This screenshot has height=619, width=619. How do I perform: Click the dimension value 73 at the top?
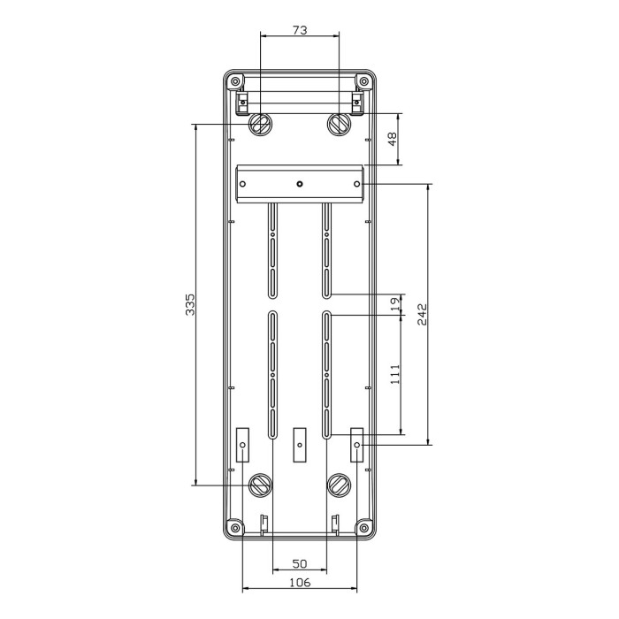[x=299, y=30]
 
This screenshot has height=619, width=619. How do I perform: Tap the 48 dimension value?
[x=391, y=140]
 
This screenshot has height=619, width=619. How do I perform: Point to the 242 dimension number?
[x=422, y=314]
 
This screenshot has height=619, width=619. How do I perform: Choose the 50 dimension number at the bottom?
[x=300, y=563]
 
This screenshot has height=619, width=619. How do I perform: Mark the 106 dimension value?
[x=300, y=582]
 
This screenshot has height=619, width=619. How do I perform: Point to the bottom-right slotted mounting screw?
[x=339, y=484]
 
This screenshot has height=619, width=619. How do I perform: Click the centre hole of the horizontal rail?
[x=300, y=184]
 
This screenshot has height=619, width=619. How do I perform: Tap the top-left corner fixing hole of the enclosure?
[x=235, y=82]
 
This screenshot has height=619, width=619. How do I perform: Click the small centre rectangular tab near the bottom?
[x=299, y=445]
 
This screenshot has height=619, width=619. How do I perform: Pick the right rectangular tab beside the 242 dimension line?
[x=357, y=445]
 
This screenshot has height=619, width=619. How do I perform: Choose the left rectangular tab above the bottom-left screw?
[x=242, y=445]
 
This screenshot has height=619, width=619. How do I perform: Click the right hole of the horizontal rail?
[x=356, y=184]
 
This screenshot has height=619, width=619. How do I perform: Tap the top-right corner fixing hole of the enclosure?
[x=363, y=82]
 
